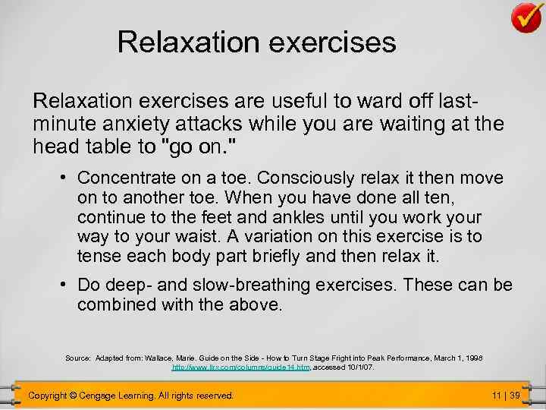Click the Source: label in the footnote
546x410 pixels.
coord(78,357)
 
